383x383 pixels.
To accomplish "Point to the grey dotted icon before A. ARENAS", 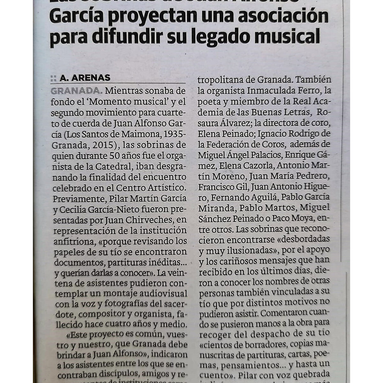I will coord(53,78).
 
